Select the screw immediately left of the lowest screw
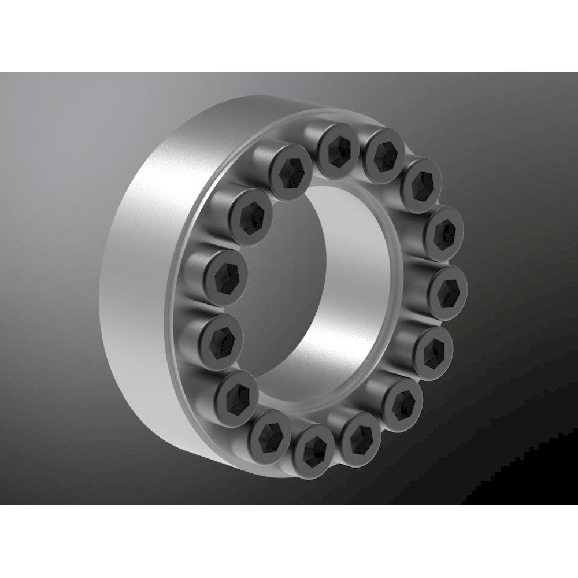coord(269,433)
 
